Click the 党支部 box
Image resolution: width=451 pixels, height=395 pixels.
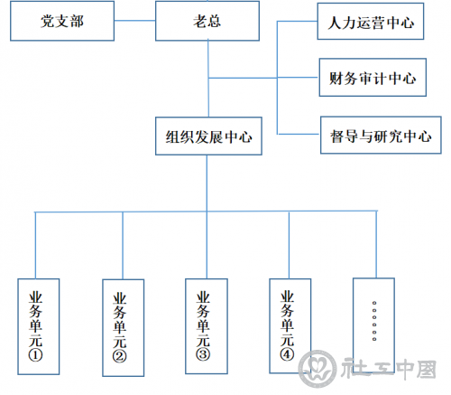tap(62, 21)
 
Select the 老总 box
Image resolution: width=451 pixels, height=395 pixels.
tap(207, 21)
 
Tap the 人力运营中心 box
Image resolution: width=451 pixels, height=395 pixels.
tap(371, 22)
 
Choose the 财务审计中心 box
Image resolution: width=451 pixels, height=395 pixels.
tap(373, 78)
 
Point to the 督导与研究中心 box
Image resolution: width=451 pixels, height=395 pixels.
tap(381, 135)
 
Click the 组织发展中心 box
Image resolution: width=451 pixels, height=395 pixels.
tap(208, 136)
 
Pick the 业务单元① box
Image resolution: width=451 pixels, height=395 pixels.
tap(39, 326)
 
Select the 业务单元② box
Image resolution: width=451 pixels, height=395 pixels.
tap(124, 328)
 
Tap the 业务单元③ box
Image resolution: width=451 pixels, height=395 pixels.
tap(207, 326)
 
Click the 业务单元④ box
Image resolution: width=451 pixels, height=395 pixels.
tap(290, 326)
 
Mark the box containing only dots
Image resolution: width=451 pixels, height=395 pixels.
tap(373, 325)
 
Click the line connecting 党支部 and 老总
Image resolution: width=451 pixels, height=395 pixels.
tap(135, 21)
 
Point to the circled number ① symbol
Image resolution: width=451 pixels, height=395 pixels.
tap(35, 355)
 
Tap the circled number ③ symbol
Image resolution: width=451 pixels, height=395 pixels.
tap(203, 354)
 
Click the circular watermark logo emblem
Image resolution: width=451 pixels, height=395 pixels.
tap(318, 368)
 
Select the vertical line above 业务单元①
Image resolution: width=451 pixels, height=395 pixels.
tap(35, 245)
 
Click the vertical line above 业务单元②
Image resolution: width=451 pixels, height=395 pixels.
tap(123, 246)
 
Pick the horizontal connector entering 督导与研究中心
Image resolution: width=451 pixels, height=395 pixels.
tap(299, 134)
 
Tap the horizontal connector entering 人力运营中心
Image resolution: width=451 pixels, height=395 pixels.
tap(298, 22)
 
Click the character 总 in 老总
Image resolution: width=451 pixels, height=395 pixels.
tap(215, 21)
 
